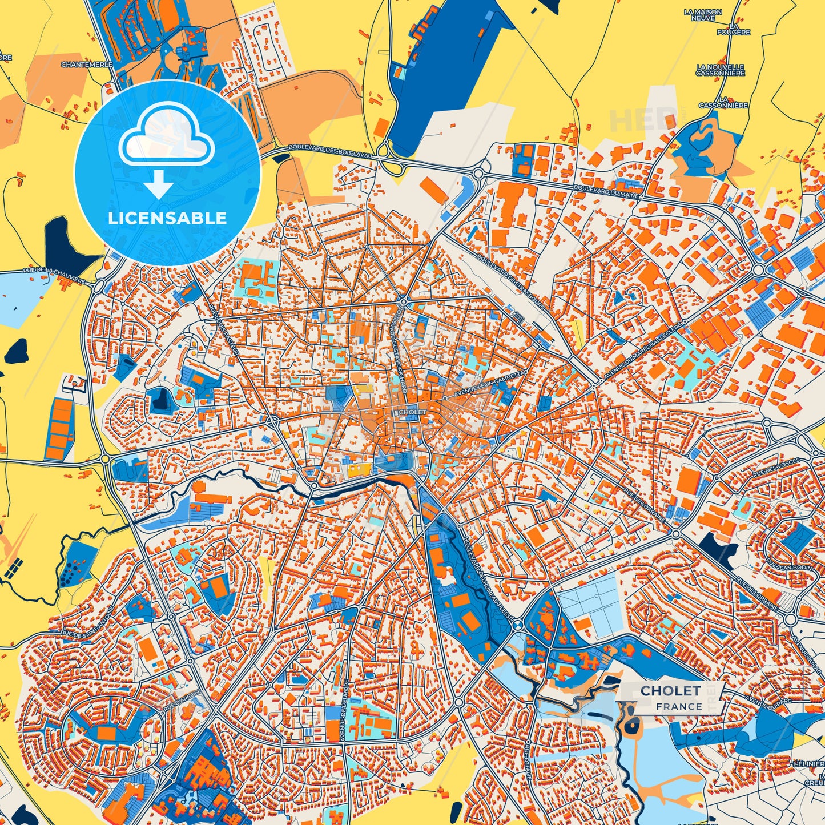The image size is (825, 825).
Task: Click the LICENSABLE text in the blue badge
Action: pyautogui.click(x=167, y=218)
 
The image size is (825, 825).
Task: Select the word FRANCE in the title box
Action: pyautogui.click(x=679, y=706)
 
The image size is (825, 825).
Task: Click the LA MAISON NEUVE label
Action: pyautogui.click(x=702, y=15)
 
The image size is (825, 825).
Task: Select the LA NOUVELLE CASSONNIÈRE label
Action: pyautogui.click(x=721, y=70)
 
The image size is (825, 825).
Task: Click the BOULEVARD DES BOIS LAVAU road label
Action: pyautogui.click(x=331, y=147)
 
